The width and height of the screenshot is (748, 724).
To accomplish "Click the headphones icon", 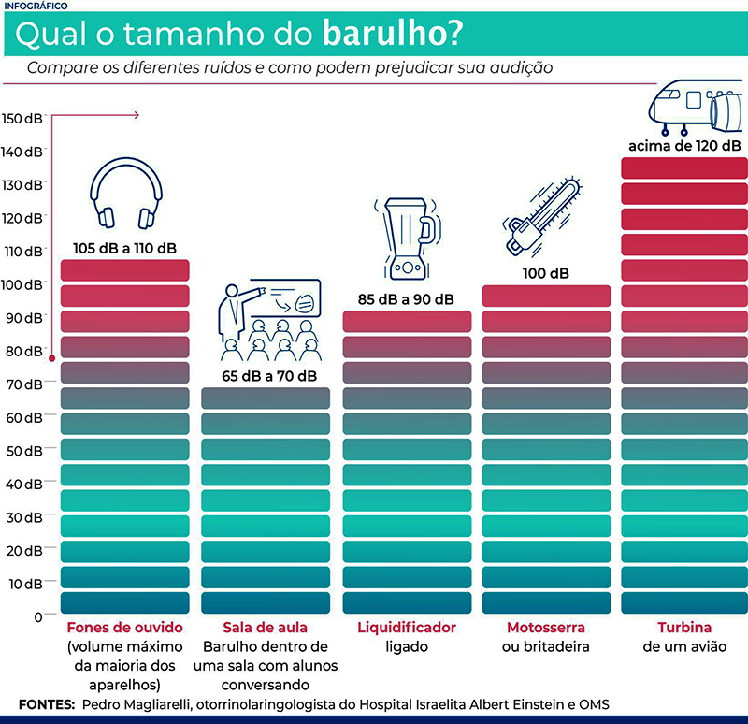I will tap(124, 194).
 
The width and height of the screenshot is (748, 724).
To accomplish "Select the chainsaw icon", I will tap(543, 218).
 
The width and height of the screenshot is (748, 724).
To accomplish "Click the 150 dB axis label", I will tap(22, 119).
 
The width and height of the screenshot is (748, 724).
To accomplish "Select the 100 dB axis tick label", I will tap(22, 284).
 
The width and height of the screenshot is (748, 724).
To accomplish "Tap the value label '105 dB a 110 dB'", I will tap(124, 249).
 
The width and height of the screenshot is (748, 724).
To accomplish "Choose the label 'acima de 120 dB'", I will tap(684, 146).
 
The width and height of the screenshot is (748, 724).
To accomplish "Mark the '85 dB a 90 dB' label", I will tap(407, 299).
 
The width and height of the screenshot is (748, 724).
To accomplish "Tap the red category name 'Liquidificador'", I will tap(407, 627).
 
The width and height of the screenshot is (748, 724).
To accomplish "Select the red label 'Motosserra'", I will tap(545, 627).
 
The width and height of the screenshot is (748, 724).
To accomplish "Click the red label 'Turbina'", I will tap(684, 627).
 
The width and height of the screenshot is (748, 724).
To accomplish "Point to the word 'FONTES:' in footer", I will tap(46, 703).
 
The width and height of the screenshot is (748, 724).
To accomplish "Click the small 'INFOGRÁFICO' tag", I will tap(34, 6).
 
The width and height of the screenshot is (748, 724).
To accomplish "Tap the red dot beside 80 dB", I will tap(51, 357).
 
